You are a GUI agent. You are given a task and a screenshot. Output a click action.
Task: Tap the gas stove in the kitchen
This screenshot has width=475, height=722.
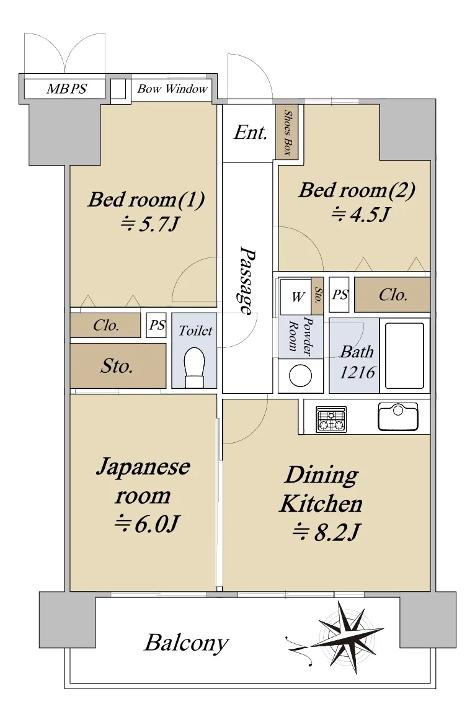coord(331,419)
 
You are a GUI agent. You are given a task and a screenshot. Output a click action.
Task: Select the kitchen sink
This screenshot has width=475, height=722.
coord(398,416)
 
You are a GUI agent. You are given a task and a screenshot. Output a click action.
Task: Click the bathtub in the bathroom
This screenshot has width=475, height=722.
coord(404,355)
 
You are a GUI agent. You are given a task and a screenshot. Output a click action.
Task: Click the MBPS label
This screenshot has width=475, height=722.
coord(66,89)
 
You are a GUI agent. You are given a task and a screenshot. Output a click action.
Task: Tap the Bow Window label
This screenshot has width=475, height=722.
coord(172,89)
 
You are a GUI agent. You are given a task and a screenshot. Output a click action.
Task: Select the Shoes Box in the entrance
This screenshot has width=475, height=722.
coord(287,132)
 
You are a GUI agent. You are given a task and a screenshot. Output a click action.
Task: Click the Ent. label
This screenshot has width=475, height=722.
coord(250,133)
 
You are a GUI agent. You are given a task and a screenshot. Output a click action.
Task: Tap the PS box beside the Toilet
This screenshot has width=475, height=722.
coord(156,326)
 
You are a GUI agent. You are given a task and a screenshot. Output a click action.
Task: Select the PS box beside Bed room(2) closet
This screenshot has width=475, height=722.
coord(340,295)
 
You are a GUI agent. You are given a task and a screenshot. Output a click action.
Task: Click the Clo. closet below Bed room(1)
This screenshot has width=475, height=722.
coord(105,326)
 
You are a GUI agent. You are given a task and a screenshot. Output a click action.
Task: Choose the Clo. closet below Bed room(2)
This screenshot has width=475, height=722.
coord(392,295)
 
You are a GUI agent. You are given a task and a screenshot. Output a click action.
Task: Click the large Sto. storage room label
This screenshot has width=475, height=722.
coord(117,367)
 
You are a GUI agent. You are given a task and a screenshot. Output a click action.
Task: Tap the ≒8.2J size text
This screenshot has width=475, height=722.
coord(326,532)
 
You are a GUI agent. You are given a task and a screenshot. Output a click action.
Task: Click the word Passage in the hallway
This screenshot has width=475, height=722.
coord(247,282)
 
